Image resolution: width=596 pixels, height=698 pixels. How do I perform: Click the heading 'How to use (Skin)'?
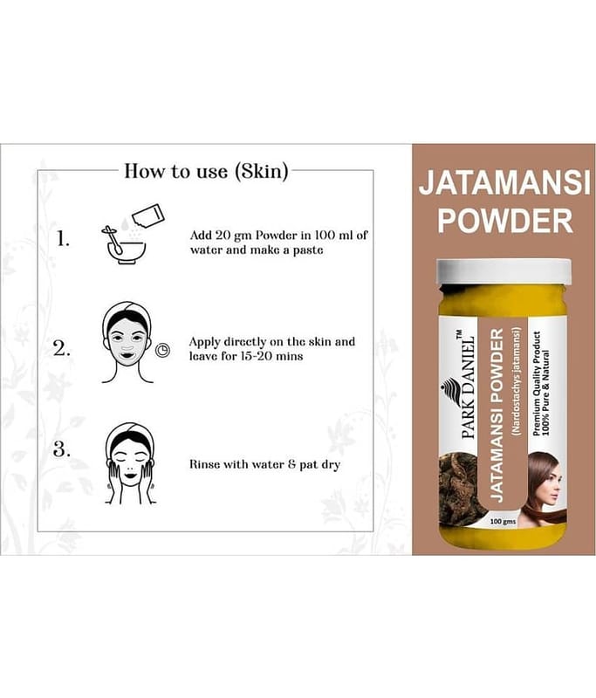click(206, 171)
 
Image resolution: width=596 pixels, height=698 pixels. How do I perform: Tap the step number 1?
click(63, 239)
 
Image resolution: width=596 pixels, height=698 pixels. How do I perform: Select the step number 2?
click(61, 348)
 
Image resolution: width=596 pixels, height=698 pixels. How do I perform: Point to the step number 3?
click(61, 449)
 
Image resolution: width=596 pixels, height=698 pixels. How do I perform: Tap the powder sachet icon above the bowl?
click(148, 215)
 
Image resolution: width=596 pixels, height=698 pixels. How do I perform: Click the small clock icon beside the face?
click(162, 351)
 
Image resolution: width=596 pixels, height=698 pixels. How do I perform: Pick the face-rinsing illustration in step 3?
click(130, 463)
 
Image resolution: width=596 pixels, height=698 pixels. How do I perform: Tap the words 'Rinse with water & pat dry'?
click(264, 465)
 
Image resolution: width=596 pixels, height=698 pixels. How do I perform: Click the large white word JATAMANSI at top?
click(504, 183)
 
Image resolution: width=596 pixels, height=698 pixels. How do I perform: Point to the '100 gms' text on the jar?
click(503, 521)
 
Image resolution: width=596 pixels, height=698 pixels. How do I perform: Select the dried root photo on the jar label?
click(458, 489)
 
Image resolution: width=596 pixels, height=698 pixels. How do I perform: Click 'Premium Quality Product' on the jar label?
click(537, 383)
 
